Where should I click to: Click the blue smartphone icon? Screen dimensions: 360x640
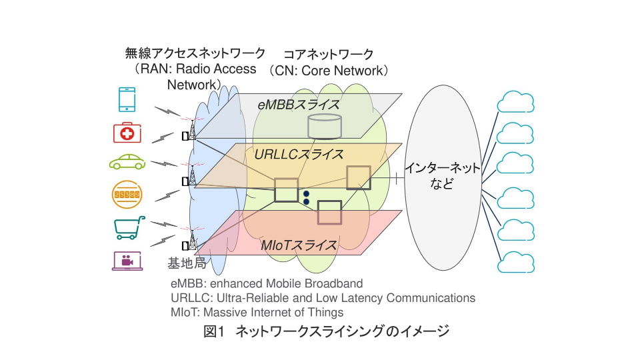click(x=127, y=99)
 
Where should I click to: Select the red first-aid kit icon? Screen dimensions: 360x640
click(x=127, y=133)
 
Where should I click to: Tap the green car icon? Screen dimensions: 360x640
click(x=127, y=162)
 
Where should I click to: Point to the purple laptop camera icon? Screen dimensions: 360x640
click(x=127, y=260)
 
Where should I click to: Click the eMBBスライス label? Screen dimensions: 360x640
click(x=299, y=105)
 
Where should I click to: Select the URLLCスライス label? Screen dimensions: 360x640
click(x=299, y=155)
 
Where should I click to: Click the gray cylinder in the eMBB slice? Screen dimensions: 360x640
click(x=325, y=126)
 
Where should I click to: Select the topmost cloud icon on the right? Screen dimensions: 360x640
click(x=516, y=103)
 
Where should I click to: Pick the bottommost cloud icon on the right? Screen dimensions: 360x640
click(x=516, y=261)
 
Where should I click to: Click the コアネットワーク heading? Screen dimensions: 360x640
click(x=328, y=54)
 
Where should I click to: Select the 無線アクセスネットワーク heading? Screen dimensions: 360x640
click(x=195, y=53)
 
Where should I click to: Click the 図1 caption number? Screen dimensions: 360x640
click(x=216, y=331)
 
